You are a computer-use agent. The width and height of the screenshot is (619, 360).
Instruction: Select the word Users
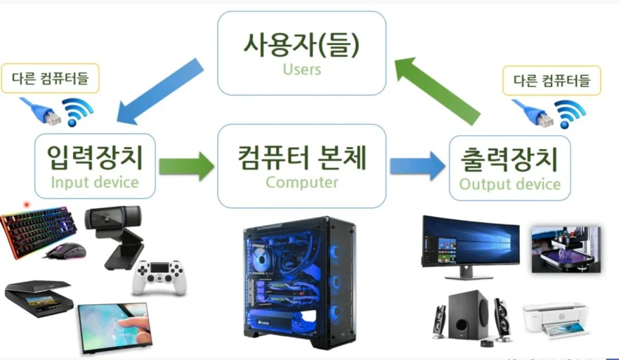301,70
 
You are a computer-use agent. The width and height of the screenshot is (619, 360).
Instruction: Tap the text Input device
94,183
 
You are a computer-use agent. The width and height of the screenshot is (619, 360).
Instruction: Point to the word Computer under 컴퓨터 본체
301,183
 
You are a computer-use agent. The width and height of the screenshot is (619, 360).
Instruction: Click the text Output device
509,184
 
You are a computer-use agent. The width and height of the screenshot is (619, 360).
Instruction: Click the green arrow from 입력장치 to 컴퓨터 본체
186,167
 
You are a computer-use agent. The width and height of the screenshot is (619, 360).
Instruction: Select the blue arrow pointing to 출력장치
417,166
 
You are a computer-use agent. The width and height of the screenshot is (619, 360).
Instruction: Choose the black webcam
112,232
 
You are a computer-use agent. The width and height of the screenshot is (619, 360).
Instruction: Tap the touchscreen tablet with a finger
116,327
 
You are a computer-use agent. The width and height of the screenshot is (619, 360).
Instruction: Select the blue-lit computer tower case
301,281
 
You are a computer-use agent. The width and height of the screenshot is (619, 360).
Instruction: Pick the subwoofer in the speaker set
469,313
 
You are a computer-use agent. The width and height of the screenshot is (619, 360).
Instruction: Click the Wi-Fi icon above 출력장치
570,112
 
